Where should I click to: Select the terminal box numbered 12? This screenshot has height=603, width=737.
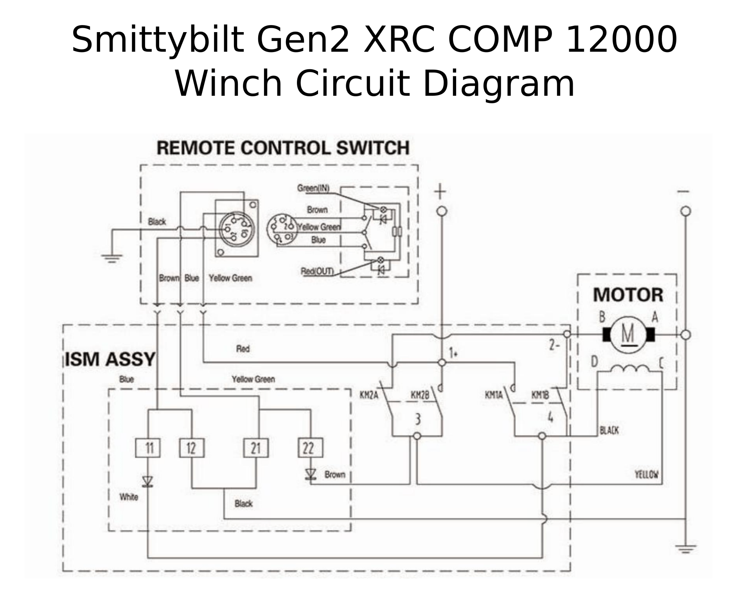pos(192,448)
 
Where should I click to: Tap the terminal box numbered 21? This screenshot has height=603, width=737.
pos(256,448)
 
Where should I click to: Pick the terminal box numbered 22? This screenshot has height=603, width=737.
pos(310,448)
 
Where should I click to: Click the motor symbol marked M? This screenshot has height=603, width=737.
pos(628,335)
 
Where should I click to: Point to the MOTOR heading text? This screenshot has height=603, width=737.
pos(628,295)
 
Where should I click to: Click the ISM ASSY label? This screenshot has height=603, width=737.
pos(110,359)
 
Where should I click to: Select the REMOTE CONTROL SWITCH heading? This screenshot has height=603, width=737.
pos(283,148)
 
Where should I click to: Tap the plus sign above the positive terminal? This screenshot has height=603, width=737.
pos(441,192)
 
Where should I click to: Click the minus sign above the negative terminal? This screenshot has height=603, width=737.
pos(684,192)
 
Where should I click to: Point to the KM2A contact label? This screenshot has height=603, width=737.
pos(369,395)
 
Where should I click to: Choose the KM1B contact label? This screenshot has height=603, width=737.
pos(540,395)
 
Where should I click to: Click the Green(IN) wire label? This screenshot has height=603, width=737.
pos(313,188)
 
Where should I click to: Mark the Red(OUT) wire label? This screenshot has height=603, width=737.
pos(317,271)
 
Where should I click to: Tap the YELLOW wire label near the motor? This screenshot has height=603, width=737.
pos(647,475)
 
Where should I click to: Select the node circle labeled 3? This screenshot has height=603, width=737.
pos(417,436)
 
